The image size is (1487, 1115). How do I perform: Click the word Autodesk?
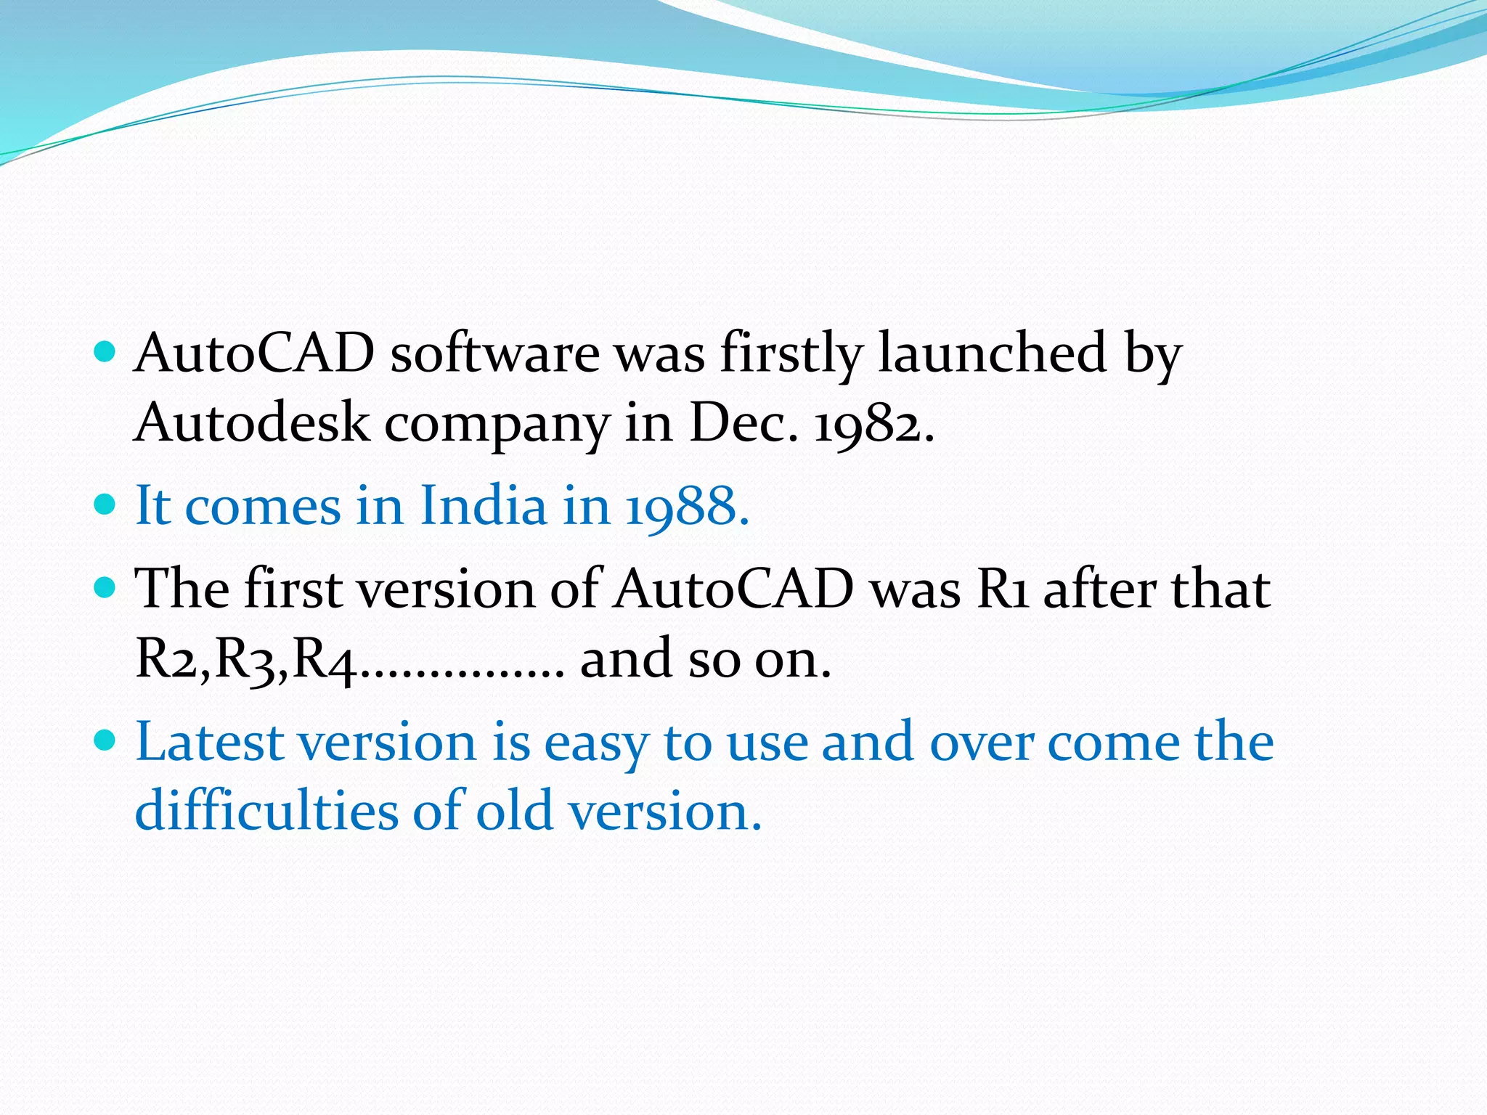(251, 422)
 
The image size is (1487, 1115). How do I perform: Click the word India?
(483, 505)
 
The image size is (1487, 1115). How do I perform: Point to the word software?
(494, 354)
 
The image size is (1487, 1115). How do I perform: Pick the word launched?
(992, 353)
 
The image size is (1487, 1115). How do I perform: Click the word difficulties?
(266, 810)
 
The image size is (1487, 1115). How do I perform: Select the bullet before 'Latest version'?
(106, 741)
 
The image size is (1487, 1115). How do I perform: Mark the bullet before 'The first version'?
(106, 587)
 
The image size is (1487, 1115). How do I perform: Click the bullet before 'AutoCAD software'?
(106, 353)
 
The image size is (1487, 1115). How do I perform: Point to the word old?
(513, 810)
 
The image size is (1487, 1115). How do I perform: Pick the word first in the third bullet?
(293, 588)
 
